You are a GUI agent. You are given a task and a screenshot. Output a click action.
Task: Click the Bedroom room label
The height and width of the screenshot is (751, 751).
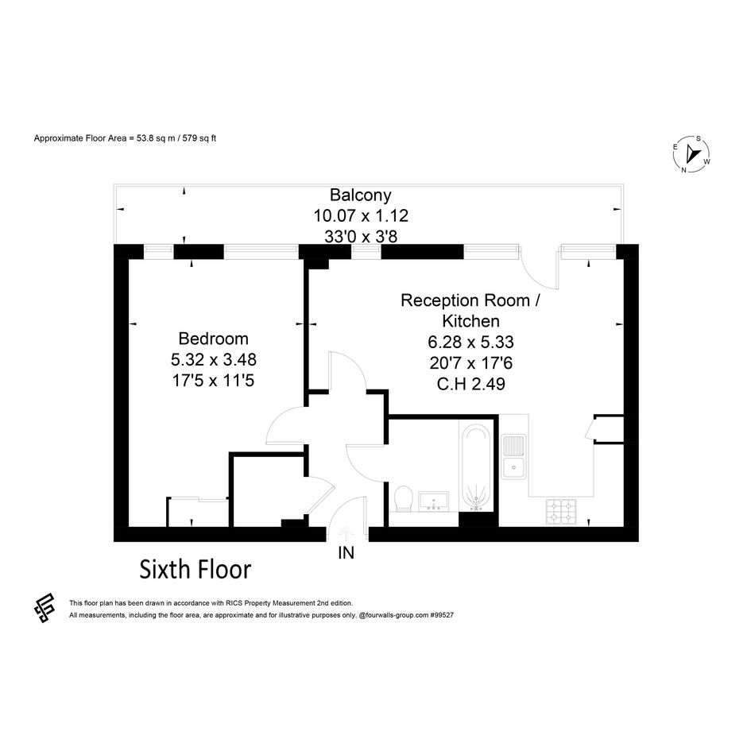[213, 339]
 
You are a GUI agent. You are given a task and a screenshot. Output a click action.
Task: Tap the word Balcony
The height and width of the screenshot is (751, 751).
[361, 195]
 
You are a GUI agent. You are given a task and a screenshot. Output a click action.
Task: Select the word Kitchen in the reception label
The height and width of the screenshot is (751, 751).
[470, 321]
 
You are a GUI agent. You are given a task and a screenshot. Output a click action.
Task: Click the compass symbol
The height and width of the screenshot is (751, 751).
[691, 154]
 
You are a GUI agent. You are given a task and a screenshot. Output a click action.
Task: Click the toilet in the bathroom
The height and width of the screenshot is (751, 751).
[405, 498]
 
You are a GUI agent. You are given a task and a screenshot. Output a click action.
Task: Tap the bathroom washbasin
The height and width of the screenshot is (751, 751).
[433, 501]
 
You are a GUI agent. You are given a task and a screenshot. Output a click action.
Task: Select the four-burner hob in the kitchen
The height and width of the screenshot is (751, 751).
[561, 512]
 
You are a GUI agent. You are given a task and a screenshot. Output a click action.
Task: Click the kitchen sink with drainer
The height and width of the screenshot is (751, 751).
[513, 456]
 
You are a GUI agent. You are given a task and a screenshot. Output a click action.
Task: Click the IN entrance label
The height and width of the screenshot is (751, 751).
[346, 553]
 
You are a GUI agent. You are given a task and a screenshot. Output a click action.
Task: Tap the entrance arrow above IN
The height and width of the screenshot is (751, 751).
[346, 533]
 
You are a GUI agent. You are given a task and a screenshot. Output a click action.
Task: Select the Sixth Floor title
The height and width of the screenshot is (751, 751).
[195, 570]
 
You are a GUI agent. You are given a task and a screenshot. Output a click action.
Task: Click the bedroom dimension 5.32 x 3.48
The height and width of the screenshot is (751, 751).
[214, 359]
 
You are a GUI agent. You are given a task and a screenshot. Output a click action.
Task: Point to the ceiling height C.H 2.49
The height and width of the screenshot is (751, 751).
[470, 384]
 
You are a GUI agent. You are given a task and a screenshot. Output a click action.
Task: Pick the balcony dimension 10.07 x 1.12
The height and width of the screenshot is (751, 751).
[361, 216]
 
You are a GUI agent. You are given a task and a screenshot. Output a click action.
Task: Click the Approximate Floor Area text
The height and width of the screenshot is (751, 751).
[125, 138]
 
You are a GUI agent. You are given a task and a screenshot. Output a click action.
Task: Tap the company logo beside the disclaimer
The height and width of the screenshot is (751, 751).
[44, 608]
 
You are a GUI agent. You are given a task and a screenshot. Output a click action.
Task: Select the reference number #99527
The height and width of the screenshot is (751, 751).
[442, 615]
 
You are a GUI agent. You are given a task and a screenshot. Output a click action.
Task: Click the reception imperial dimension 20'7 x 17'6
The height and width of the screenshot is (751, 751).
[470, 363]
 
